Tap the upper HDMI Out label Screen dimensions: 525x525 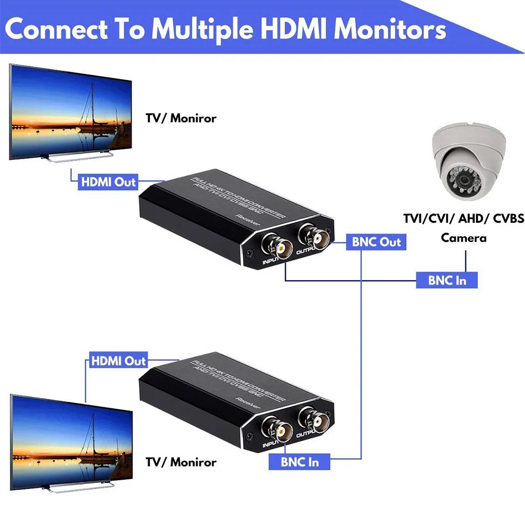[108, 182]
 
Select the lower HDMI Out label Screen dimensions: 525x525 [118, 361]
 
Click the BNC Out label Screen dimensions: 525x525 [376, 242]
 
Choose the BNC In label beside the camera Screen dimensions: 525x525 [447, 280]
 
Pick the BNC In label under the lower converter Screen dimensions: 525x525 [300, 461]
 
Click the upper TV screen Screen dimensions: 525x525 [70, 111]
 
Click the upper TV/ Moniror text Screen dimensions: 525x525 [181, 118]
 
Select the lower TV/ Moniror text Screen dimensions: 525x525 [181, 461]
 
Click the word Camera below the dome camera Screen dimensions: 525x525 [463, 238]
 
